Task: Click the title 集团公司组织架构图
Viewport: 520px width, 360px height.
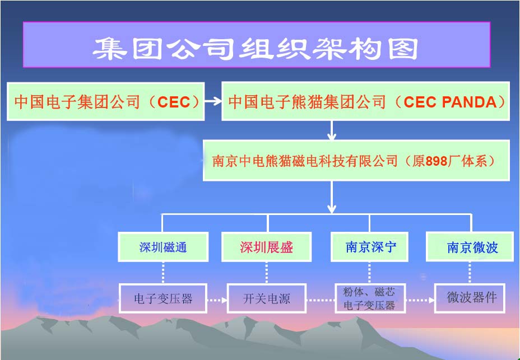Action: point(255,49)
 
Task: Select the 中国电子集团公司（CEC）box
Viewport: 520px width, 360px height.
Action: point(105,101)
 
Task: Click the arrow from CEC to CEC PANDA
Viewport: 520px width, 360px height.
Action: point(213,101)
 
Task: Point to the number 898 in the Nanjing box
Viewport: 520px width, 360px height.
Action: point(436,161)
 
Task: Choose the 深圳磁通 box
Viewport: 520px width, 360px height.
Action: point(163,247)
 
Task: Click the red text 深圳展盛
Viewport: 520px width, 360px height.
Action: point(266,247)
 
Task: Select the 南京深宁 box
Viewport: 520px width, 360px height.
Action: point(369,247)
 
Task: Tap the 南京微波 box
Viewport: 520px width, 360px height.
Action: point(470,247)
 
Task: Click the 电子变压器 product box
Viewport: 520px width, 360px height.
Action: point(163,298)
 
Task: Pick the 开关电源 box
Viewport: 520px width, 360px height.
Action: point(266,298)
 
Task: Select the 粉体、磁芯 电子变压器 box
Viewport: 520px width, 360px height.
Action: point(370,298)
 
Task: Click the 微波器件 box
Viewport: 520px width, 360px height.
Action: point(470,298)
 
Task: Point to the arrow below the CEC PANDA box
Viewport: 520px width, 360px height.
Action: point(332,130)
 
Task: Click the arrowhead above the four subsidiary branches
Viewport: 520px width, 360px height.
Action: point(332,209)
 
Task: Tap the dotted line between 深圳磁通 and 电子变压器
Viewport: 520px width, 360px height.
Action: point(163,273)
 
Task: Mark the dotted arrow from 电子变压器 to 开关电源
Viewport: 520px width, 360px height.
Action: point(217,300)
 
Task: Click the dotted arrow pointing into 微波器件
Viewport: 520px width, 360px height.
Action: point(420,300)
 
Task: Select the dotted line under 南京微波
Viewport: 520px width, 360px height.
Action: point(470,273)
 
